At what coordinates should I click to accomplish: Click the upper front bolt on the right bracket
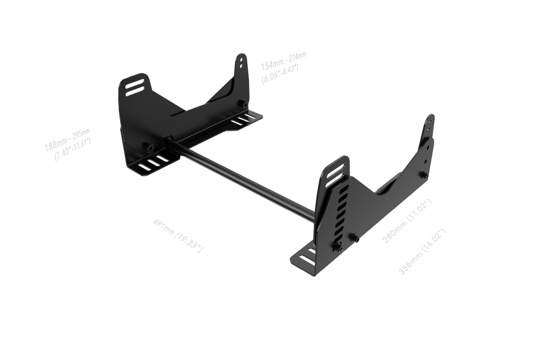355,237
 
